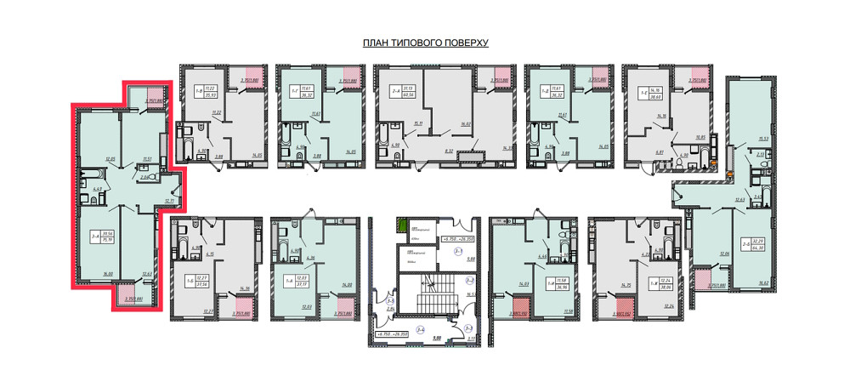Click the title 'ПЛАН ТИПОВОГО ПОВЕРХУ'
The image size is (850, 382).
tap(425, 43)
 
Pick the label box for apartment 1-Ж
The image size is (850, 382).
tap(660, 283)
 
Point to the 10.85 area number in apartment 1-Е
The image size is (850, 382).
tap(701, 137)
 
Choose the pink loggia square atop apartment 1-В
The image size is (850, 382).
tap(252, 73)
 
